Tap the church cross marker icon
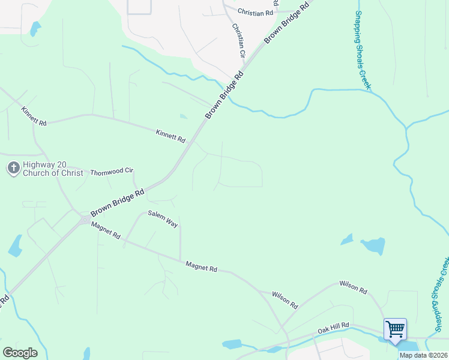pyautogui.click(x=14, y=168)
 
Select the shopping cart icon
pyautogui.click(x=395, y=329)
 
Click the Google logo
pyautogui.click(x=20, y=353)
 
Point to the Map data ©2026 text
pyautogui.click(x=423, y=355)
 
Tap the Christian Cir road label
pyautogui.click(x=239, y=40)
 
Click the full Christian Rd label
pyautogui.click(x=255, y=12)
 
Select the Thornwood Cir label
pyautogui.click(x=111, y=172)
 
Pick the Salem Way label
pyautogui.click(x=163, y=218)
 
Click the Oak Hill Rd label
pyautogui.click(x=333, y=328)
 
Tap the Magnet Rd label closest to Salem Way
pyautogui.click(x=106, y=230)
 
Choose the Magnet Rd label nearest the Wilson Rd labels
pyautogui.click(x=201, y=266)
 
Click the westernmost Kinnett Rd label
pyautogui.click(x=34, y=116)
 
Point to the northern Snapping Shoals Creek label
pyautogui.click(x=362, y=50)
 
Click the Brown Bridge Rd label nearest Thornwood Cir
pyautogui.click(x=118, y=203)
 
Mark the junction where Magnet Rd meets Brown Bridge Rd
pyautogui.click(x=83, y=220)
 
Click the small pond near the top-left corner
pyautogui.click(x=35, y=28)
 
